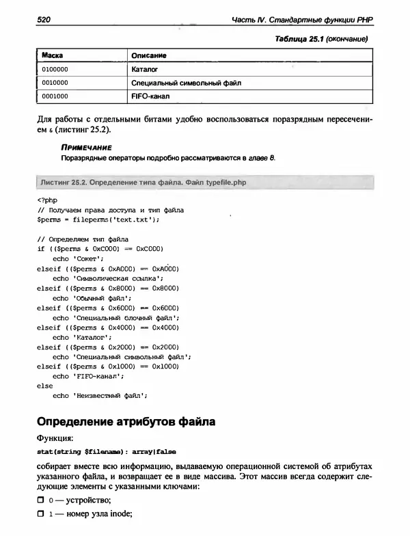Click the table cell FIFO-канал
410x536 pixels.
pyautogui.click(x=150, y=96)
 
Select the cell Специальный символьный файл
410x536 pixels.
pyautogui.click(x=186, y=83)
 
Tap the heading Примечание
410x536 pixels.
pyautogui.click(x=85, y=148)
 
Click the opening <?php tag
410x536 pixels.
pyautogui.click(x=45, y=200)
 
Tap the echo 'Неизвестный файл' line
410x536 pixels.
pyautogui.click(x=100, y=395)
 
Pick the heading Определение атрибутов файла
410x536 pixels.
pyautogui.click(x=126, y=422)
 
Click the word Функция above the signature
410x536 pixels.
pyautogui.click(x=53, y=439)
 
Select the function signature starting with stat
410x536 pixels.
pyautogui.click(x=102, y=452)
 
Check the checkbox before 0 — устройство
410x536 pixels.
pyautogui.click(x=41, y=501)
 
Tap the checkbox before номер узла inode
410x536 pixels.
pyautogui.click(x=41, y=515)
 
